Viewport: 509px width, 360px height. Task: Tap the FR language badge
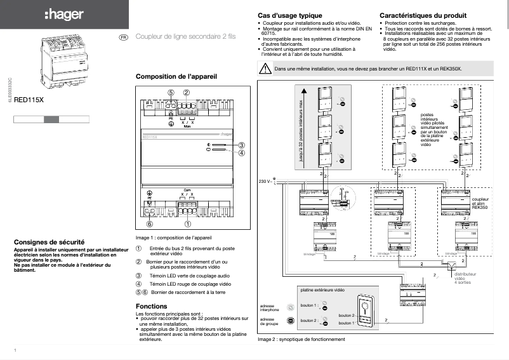123,37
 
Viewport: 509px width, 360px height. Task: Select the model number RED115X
29,100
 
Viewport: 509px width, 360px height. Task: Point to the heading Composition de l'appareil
176,76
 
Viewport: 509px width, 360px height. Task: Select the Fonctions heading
152,306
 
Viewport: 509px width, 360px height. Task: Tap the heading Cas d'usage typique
290,15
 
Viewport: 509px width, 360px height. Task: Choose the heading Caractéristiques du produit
423,15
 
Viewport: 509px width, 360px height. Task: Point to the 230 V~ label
265,181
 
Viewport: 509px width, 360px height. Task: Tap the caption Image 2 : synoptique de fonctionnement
301,340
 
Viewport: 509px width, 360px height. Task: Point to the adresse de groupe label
267,321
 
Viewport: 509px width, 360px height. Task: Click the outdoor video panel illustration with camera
366,313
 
